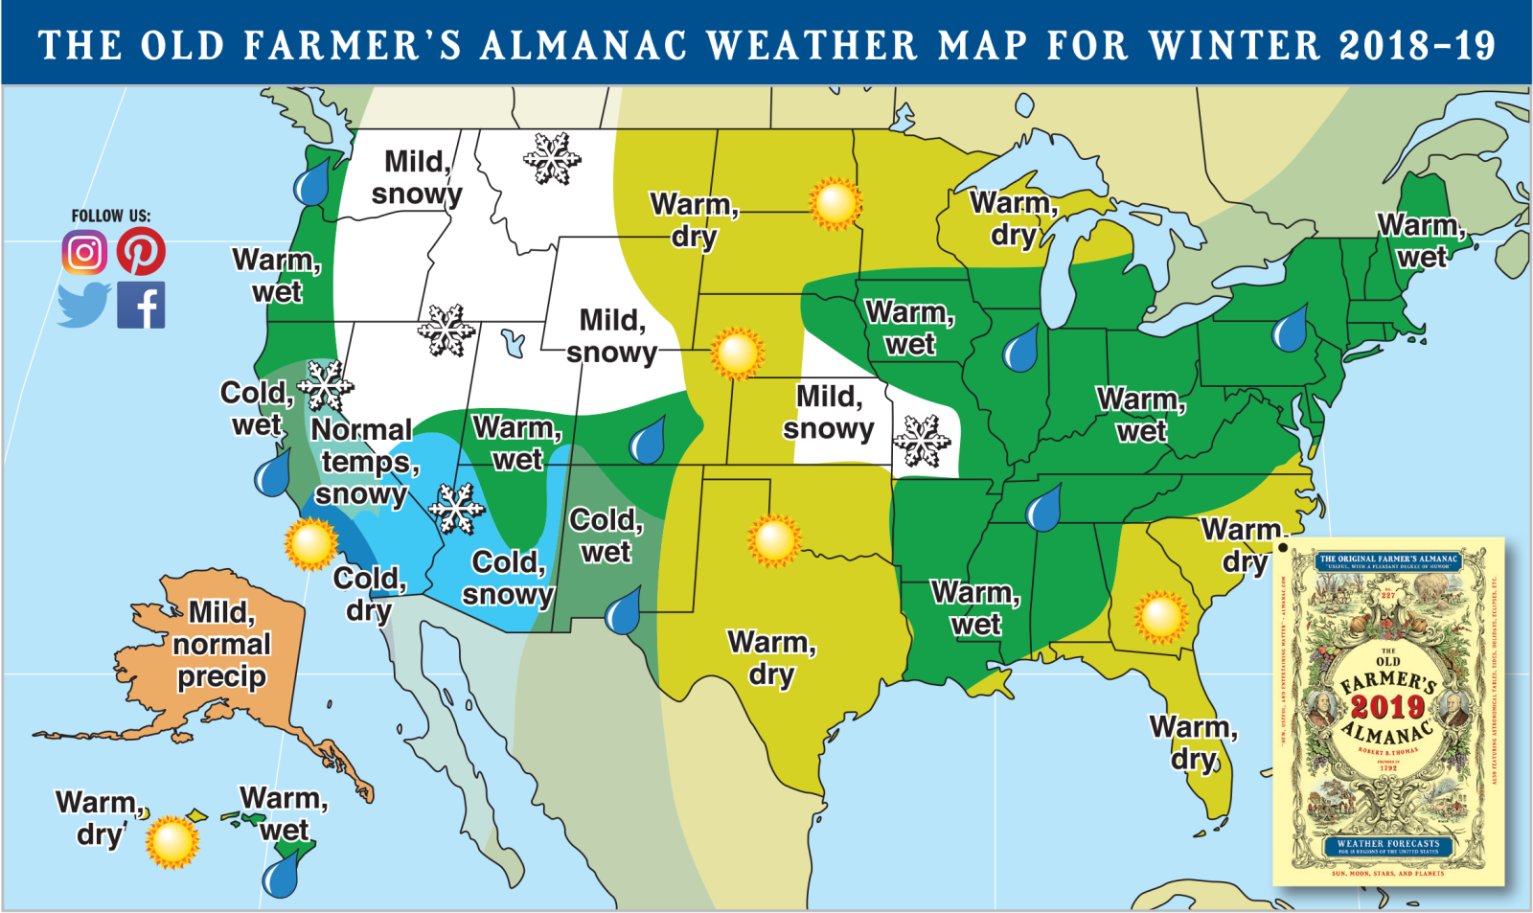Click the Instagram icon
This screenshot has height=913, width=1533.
coord(84,253)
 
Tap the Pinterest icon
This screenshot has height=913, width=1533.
coord(141,252)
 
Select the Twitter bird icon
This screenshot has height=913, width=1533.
coord(84,305)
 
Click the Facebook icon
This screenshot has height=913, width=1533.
coord(141,306)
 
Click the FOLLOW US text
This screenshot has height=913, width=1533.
coord(111,216)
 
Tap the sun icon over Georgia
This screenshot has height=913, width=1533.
coord(1160,617)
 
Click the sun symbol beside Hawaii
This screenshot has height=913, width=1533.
coord(172,841)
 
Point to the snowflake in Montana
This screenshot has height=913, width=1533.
coord(552,159)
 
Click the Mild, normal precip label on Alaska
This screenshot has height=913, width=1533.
coord(221,644)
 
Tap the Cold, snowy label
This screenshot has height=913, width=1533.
coord(508,578)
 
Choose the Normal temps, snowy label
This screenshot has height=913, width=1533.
coord(363,461)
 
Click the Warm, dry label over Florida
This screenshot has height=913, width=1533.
coord(1193,742)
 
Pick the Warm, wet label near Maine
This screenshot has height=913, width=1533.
coord(1421,240)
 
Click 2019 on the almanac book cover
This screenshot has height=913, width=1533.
coord(1387,707)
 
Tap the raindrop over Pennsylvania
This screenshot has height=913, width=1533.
coord(1289,328)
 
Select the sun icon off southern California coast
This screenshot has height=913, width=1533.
coord(311,543)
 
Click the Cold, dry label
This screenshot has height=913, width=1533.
coord(370,594)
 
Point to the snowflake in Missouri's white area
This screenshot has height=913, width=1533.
coord(922,442)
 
